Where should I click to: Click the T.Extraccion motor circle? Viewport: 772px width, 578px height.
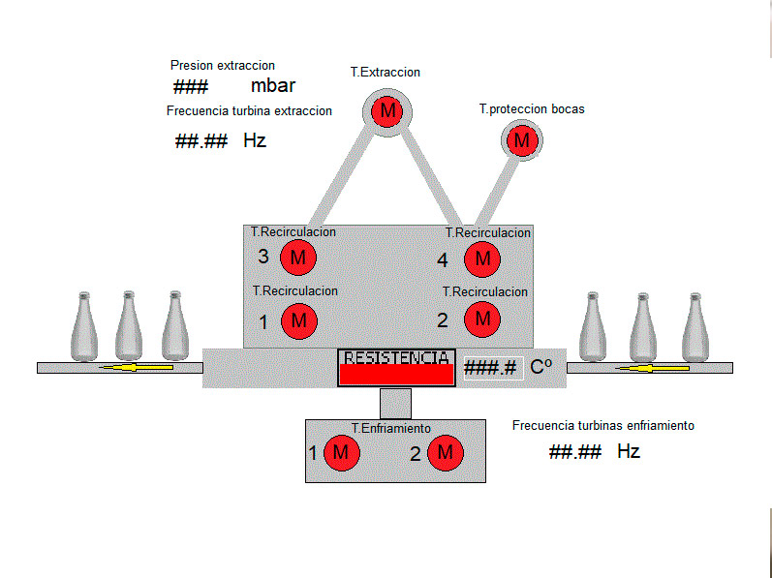tap(387, 111)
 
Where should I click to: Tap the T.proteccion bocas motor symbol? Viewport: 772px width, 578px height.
tap(523, 140)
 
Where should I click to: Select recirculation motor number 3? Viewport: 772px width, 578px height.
tap(298, 258)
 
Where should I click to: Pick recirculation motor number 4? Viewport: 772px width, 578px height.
tap(481, 259)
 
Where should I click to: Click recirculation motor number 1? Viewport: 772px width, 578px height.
tap(298, 319)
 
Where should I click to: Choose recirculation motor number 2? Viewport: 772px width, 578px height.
tap(481, 319)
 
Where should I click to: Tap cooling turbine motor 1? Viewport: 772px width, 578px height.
tap(340, 452)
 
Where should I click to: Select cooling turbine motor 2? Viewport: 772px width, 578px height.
tap(446, 452)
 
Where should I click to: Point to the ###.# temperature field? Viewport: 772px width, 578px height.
tap(491, 368)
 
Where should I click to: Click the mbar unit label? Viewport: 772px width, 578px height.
tap(273, 85)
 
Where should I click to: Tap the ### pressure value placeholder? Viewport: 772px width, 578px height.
tap(192, 86)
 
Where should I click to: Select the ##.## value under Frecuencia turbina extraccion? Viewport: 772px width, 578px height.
tap(201, 141)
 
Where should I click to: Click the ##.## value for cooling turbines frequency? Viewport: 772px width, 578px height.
tap(575, 452)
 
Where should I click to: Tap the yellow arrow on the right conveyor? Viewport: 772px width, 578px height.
tap(645, 368)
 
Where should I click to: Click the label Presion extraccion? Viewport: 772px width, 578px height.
tap(222, 65)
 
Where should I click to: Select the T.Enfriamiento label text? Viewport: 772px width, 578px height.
tap(391, 428)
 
